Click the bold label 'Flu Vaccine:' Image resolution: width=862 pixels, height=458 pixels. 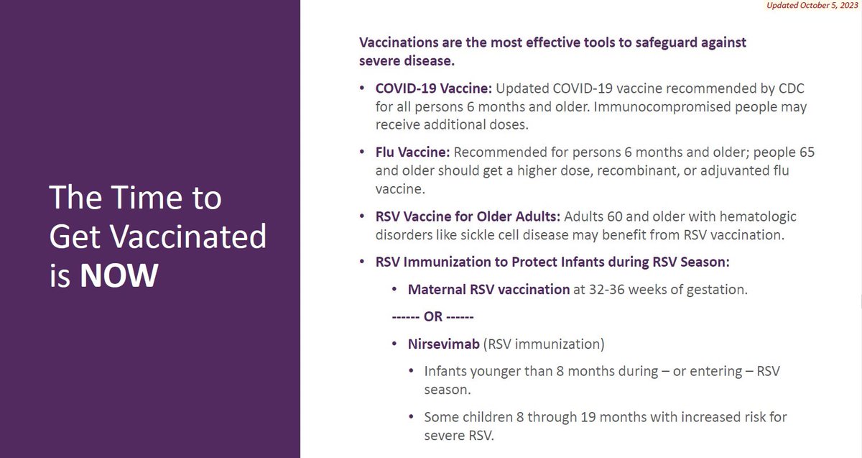tap(413, 153)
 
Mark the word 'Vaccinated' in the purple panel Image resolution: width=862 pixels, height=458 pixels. tap(187, 236)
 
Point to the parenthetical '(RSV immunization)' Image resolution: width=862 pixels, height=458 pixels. tap(544, 344)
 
